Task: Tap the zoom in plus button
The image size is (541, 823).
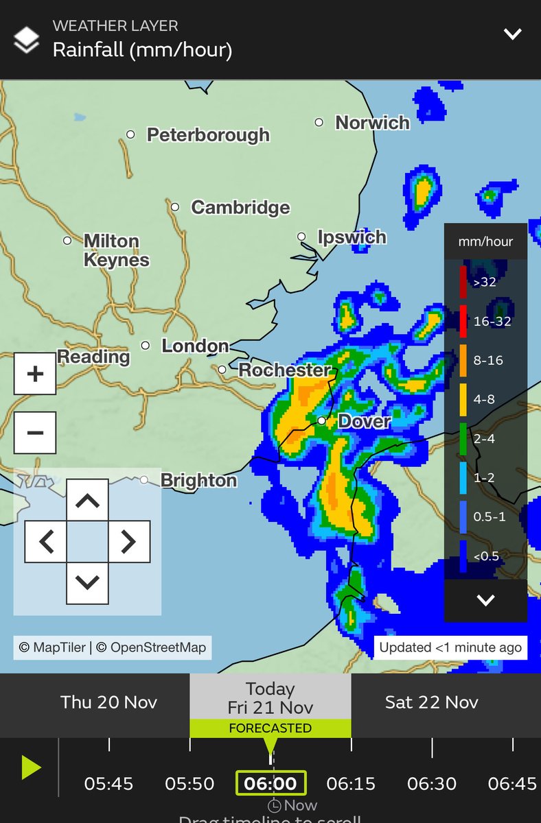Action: point(35,374)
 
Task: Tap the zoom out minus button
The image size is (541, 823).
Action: point(35,433)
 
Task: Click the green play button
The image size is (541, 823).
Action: point(30,767)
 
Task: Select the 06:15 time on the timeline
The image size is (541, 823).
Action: point(352,783)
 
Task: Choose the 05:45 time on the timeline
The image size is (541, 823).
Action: point(108,783)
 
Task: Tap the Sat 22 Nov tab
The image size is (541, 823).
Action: point(432,702)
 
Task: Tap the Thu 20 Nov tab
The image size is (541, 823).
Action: point(108,702)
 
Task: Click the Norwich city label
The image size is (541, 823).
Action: point(372,123)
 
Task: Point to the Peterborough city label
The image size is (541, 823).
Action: point(208,134)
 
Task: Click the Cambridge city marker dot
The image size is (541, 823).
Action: point(175,206)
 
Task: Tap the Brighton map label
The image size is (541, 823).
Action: point(198,481)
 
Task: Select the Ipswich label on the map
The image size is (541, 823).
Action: point(352,237)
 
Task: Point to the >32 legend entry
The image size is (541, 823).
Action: point(483,282)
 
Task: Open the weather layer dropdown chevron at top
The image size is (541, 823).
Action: point(512,34)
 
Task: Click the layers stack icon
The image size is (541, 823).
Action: point(27,40)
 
